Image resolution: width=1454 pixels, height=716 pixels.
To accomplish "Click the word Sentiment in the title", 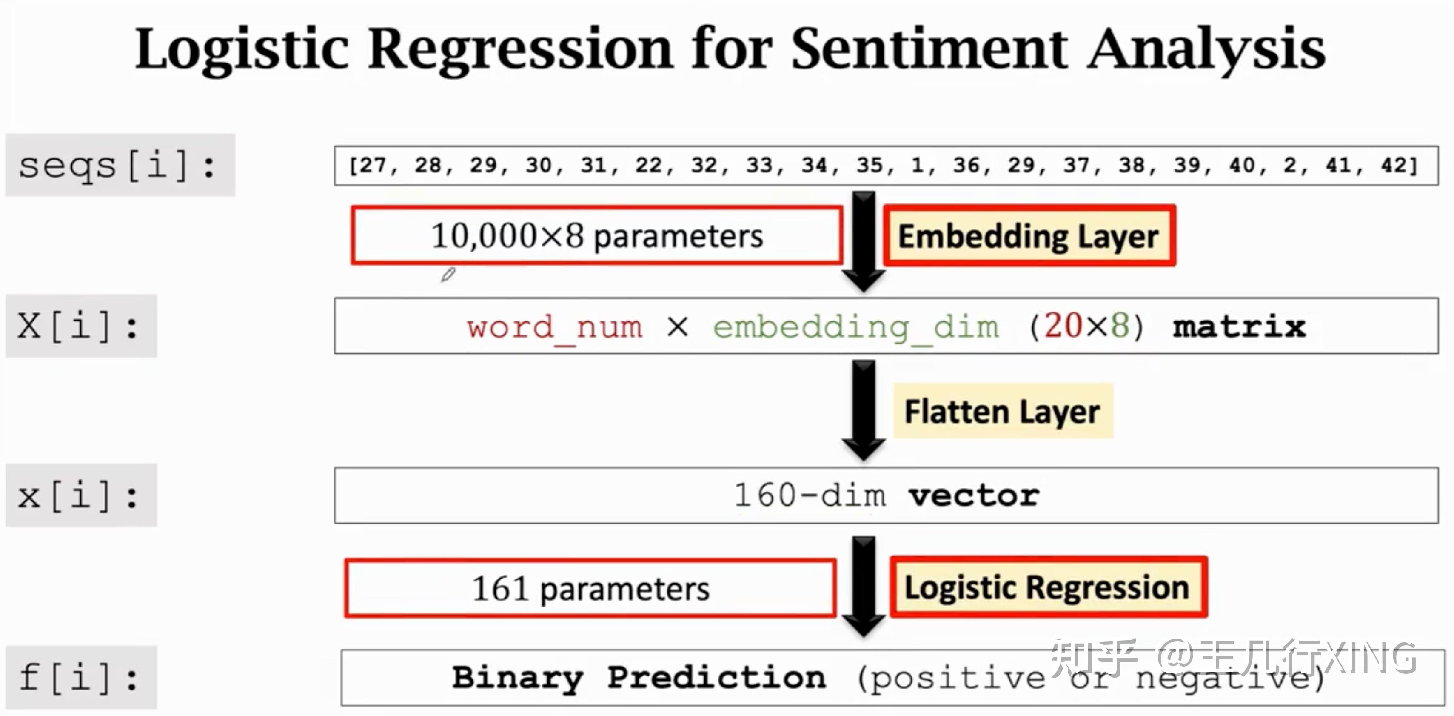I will point(929,50).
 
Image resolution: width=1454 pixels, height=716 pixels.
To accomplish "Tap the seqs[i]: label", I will point(119,166).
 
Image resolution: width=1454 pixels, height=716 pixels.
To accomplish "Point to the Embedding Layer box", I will point(1029,236).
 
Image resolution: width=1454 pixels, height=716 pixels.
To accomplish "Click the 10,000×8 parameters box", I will point(596,235).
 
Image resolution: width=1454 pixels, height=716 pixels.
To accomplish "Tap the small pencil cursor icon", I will point(448,275).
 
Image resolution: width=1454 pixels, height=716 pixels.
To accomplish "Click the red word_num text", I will point(554,327).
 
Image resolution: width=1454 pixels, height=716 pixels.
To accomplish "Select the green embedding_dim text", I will point(855,327).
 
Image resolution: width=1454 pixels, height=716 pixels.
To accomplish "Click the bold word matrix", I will point(1239,327).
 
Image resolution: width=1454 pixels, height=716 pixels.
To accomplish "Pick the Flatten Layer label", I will point(1003,411).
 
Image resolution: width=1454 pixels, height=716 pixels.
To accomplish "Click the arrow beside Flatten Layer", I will point(864,410).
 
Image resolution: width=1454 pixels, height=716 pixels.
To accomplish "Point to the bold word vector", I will point(974,496).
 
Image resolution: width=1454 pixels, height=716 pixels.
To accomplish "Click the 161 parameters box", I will point(590,588).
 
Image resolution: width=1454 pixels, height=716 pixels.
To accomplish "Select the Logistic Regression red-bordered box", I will point(1048,587).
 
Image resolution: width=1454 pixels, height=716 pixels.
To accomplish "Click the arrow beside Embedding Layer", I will point(864,240).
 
